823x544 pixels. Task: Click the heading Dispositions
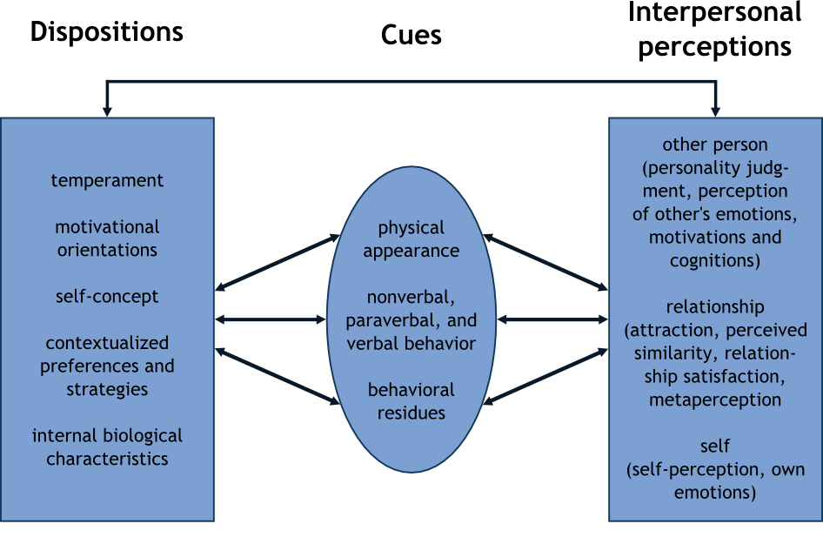[x=107, y=33]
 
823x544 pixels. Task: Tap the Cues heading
[x=411, y=36]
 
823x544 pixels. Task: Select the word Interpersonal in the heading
[x=715, y=13]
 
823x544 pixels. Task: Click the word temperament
[x=107, y=181]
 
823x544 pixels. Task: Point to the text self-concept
[x=107, y=297]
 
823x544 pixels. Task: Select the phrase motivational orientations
[x=107, y=238]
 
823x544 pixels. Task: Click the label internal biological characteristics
[x=107, y=447]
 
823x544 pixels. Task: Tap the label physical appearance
[x=411, y=239]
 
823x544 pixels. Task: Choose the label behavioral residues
[x=411, y=401]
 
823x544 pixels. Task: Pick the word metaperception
[x=715, y=400]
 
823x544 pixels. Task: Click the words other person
[x=715, y=144]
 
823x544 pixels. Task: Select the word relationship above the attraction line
[x=715, y=307]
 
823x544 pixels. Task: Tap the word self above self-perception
[x=715, y=447]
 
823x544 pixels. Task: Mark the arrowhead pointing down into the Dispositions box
[x=107, y=111]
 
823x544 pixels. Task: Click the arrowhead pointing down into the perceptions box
[x=715, y=111]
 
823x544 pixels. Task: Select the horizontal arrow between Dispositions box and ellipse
[x=271, y=319]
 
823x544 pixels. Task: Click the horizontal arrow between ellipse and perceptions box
[x=552, y=319]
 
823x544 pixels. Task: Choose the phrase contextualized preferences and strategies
[x=107, y=366]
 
